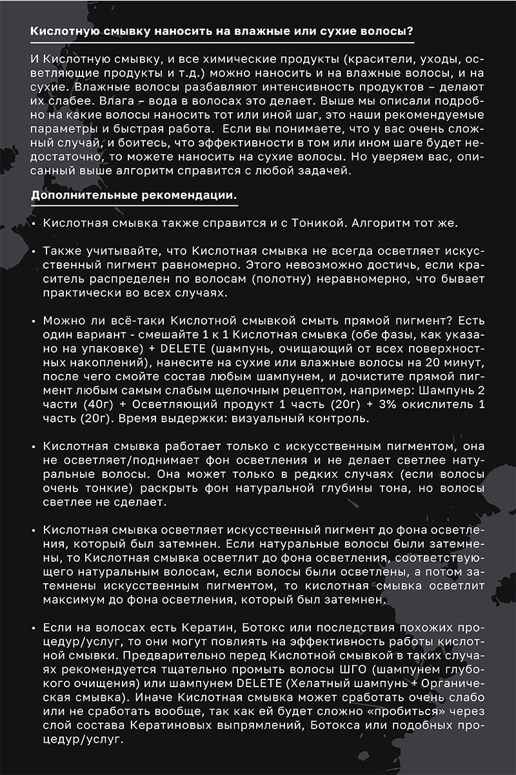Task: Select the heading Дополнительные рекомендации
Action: pyautogui.click(x=134, y=195)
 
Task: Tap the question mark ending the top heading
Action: pyautogui.click(x=411, y=31)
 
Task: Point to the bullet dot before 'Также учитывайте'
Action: pyautogui.click(x=33, y=250)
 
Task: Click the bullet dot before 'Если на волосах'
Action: pyautogui.click(x=33, y=628)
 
